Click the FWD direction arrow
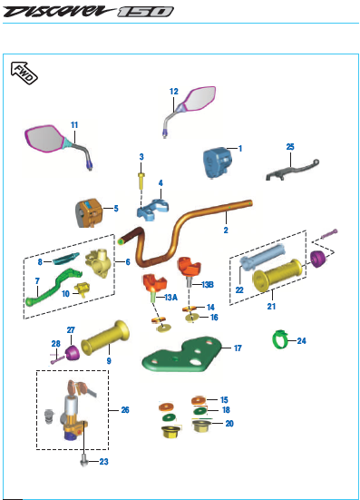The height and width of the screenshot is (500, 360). pos(24,73)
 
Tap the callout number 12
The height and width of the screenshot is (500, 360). pos(173,92)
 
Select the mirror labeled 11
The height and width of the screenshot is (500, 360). pos(58,145)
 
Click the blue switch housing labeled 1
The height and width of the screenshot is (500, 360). pos(218,162)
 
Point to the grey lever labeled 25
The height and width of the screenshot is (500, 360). pos(292,169)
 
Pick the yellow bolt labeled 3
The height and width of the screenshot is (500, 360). pos(141,181)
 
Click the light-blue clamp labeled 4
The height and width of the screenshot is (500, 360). pos(152,210)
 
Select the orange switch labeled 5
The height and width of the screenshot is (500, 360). pos(89,213)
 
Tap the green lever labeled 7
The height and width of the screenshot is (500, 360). pos(52,288)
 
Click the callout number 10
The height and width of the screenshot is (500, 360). pos(65,293)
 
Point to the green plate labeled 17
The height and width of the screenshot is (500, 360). pos(182,355)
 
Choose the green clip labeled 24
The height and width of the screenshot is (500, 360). pos(279,339)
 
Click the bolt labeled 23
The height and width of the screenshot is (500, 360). pos(83,461)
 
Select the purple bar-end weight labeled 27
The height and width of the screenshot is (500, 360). pos(73,352)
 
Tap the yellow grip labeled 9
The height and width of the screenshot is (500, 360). pos(105,338)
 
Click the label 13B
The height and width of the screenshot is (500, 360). pos(208,284)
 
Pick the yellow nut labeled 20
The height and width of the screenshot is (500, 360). pos(200,426)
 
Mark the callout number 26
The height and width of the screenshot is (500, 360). pos(125,410)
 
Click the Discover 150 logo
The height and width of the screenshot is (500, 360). pos(88,12)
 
